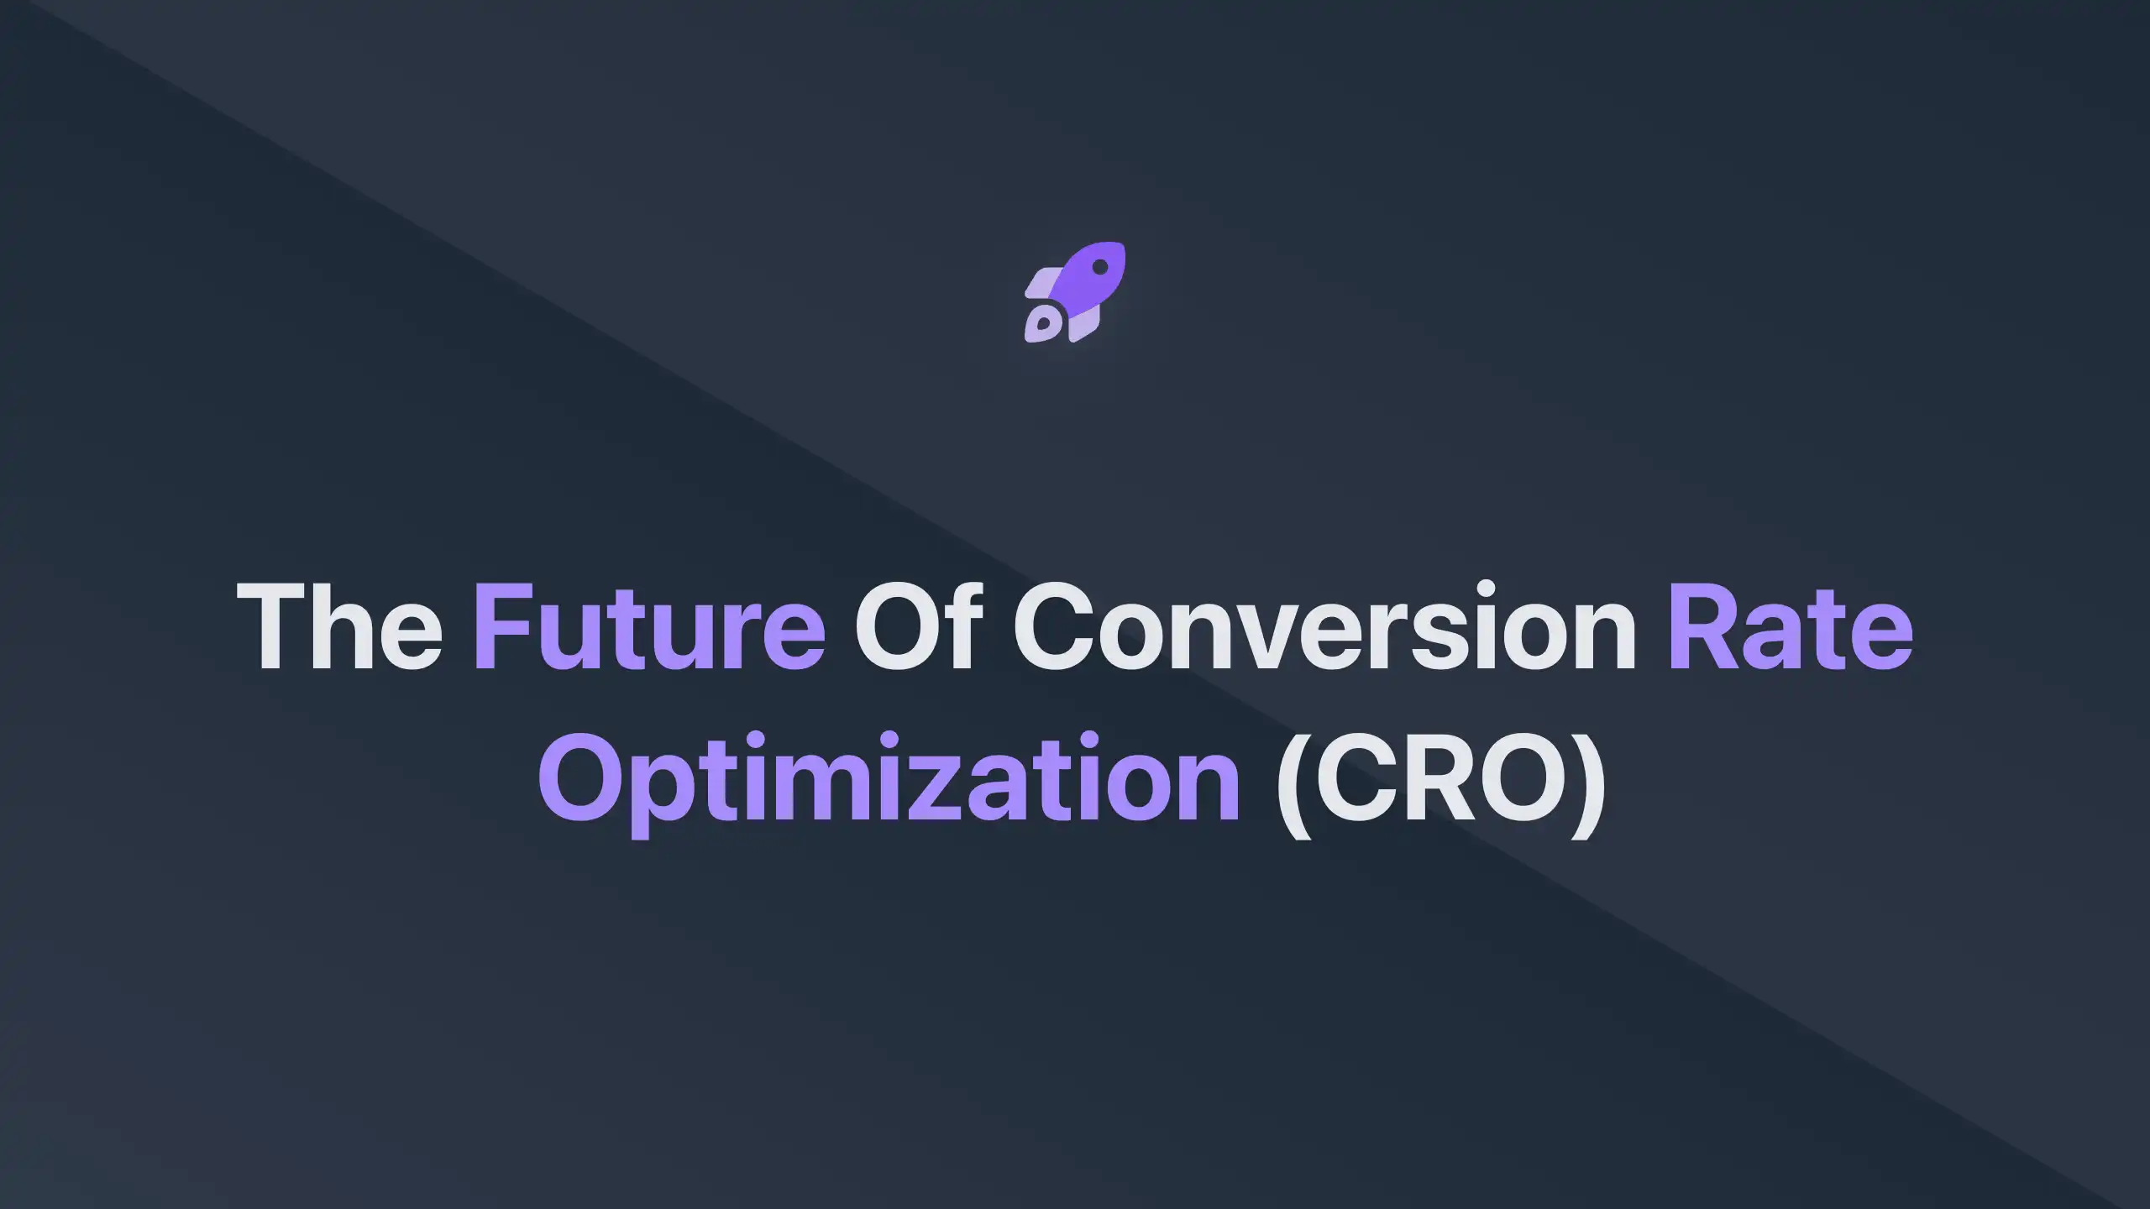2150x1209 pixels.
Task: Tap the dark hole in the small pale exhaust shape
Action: pos(1043,323)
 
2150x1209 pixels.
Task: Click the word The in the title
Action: pos(339,626)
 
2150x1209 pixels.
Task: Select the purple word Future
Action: pos(649,626)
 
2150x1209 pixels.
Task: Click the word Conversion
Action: pos(1324,626)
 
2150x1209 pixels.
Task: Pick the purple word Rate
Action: pos(1790,626)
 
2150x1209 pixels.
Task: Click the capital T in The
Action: pos(267,626)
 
